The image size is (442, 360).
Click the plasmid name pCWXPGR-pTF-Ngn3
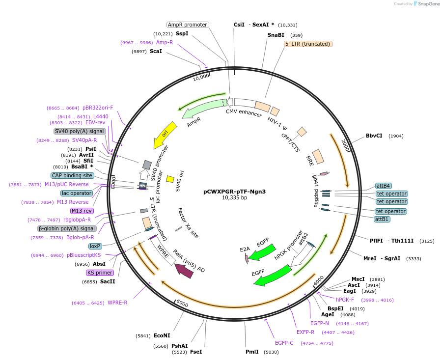(234, 192)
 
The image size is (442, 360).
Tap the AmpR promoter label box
(187, 25)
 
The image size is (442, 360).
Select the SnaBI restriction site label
(276, 35)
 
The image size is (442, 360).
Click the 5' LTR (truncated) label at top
(308, 44)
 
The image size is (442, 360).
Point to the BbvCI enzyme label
(374, 136)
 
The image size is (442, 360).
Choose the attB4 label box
(383, 186)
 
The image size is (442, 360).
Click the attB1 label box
(382, 219)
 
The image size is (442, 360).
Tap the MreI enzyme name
(370, 258)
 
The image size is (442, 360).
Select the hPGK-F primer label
(345, 300)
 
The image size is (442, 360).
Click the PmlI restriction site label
(252, 352)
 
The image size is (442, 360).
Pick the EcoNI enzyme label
(162, 335)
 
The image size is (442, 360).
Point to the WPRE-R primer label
(117, 303)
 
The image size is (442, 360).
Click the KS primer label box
(100, 273)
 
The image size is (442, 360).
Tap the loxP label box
(95, 246)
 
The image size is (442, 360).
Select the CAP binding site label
(72, 175)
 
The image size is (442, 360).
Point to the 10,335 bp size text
(234, 198)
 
